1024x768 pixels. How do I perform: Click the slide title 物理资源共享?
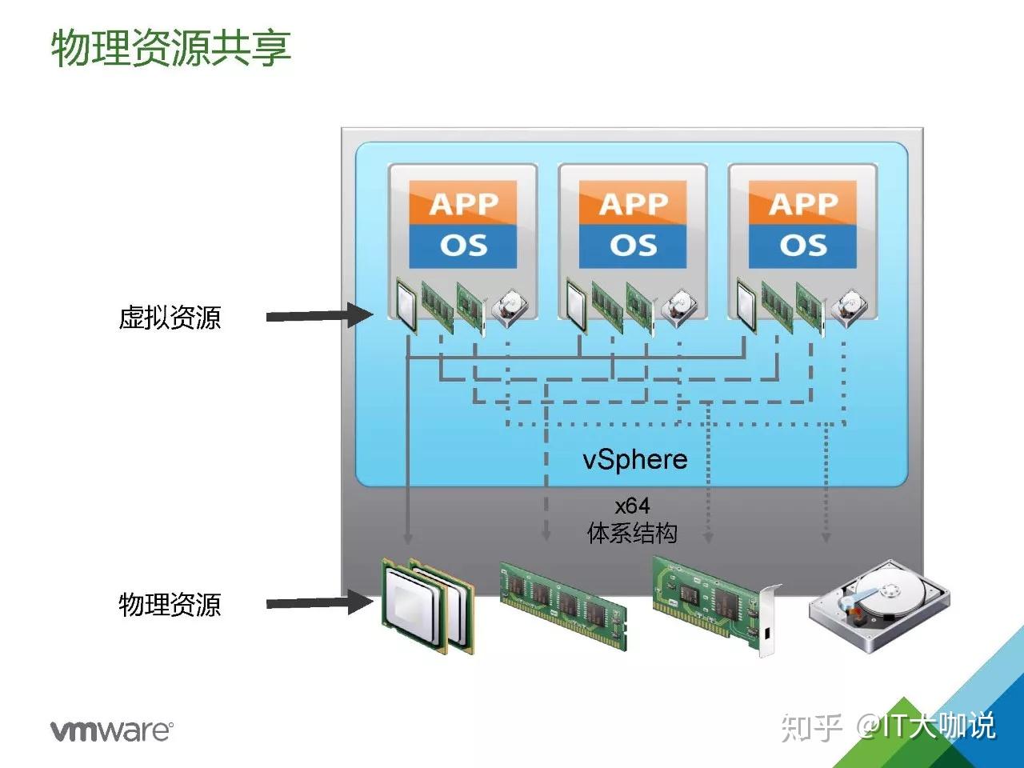pos(170,48)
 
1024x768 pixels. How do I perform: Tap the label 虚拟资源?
pos(170,318)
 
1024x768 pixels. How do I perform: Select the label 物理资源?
pos(170,604)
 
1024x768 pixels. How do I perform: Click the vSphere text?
pos(634,459)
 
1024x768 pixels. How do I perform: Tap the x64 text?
pos(632,506)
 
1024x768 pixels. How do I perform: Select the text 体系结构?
pos(632,533)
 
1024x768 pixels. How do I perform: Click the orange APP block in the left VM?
pos(462,203)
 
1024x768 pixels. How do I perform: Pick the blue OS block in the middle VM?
pos(633,246)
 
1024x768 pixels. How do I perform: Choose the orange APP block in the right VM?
pos(802,203)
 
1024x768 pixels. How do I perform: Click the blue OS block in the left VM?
pos(462,246)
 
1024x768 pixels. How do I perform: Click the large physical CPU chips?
pos(428,606)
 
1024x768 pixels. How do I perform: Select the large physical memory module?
pos(562,602)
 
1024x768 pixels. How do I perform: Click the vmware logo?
pos(111,730)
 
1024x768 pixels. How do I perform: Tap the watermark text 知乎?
pos(810,727)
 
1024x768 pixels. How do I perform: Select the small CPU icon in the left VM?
pos(407,305)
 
